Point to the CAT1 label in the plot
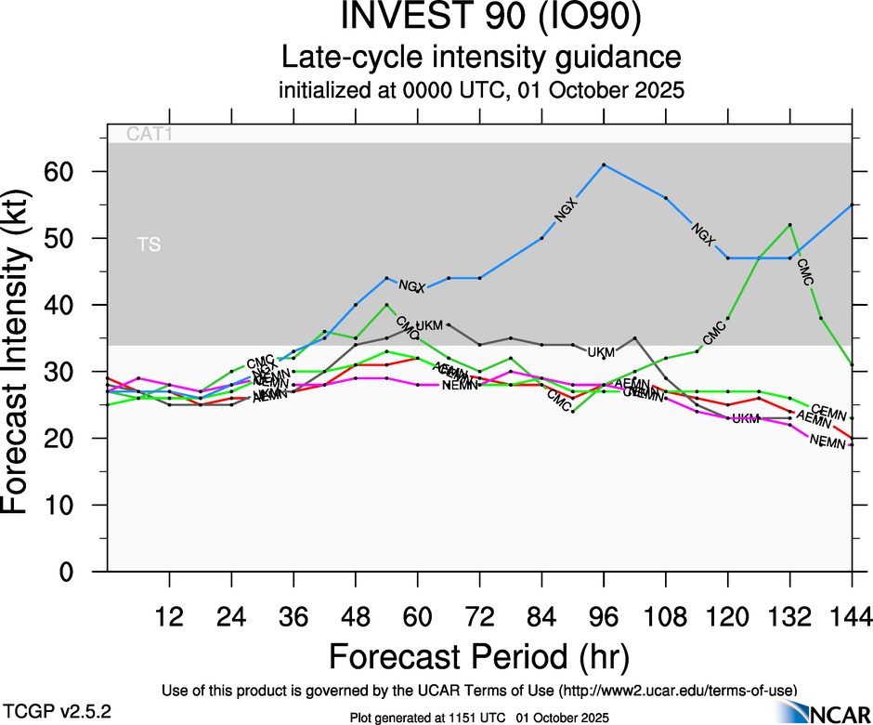pos(150,135)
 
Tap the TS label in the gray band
pos(148,244)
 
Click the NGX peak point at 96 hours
pos(604,165)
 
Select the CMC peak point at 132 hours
pos(789,225)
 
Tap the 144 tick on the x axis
pos(851,616)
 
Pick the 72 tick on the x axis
pos(479,616)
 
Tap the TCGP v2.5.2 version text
pos(58,710)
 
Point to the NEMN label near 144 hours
pos(828,442)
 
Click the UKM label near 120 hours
pos(746,419)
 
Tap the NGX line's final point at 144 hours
pos(852,204)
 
